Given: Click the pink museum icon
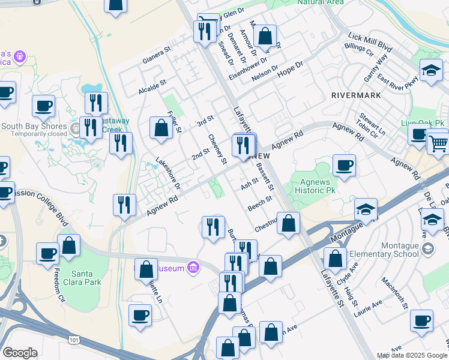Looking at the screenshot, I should tap(193, 266).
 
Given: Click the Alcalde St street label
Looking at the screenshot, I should tap(152, 89).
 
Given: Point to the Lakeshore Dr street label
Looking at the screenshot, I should tap(167, 169).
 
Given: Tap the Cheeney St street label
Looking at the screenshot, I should tap(217, 149).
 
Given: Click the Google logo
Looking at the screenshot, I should tap(20, 353).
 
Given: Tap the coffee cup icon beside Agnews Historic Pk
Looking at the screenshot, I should tap(344, 166).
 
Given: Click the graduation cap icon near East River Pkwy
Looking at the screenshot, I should tap(431, 71).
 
